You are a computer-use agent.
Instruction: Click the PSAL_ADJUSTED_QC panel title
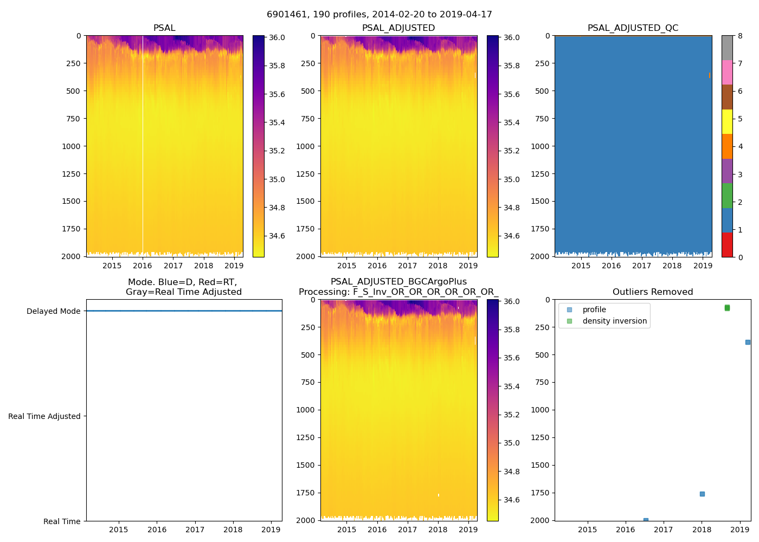click(633, 28)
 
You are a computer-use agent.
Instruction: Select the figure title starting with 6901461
click(379, 15)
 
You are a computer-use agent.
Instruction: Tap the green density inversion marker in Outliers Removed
click(727, 308)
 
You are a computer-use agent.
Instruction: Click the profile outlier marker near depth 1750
click(702, 494)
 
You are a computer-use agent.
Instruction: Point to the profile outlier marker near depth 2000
click(646, 520)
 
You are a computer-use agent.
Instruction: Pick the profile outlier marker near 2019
click(748, 342)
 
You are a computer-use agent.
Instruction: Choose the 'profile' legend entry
click(594, 309)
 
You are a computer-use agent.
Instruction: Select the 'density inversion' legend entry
click(614, 321)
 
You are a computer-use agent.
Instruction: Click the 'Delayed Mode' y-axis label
click(53, 311)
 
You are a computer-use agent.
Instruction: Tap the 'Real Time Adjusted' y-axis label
click(44, 416)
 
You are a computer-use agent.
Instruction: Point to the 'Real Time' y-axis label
click(62, 521)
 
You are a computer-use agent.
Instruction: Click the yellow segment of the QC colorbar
click(727, 121)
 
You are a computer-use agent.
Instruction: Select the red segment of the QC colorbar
click(727, 244)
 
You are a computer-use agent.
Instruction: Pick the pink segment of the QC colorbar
click(727, 72)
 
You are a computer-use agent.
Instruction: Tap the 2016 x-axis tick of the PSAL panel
click(143, 266)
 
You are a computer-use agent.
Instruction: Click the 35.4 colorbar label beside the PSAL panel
click(277, 122)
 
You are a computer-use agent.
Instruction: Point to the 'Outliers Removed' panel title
click(653, 292)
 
